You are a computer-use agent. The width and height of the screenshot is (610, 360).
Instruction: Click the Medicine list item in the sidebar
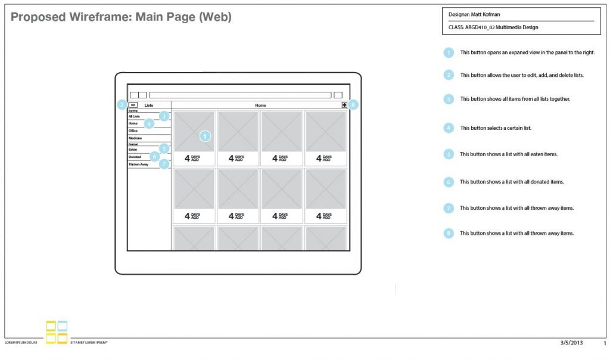point(136,138)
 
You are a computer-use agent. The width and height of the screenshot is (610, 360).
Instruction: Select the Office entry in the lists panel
point(133,131)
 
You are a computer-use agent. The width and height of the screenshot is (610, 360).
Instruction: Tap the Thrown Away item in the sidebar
point(139,165)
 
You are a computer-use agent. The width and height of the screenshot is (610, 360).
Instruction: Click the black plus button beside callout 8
point(344,105)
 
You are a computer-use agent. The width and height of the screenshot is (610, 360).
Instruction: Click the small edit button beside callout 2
point(133,105)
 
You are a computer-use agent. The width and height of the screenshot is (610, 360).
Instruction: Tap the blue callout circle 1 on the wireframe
point(204,136)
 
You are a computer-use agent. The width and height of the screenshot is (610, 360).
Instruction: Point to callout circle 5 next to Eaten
point(164,148)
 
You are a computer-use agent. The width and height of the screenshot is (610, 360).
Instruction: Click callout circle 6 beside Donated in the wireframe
point(154,157)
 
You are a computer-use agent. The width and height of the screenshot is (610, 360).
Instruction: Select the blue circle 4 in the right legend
point(449,127)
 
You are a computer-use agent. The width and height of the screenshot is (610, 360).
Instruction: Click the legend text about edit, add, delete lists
point(522,75)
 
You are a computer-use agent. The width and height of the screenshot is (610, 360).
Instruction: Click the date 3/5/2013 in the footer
point(570,343)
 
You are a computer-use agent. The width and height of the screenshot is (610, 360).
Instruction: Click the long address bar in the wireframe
point(240,95)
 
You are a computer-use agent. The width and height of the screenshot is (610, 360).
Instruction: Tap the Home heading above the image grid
point(260,105)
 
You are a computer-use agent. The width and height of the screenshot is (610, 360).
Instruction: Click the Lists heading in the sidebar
point(149,105)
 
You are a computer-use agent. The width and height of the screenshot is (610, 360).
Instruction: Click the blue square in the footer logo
point(62,326)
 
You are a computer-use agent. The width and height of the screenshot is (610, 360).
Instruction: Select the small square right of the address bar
point(338,95)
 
